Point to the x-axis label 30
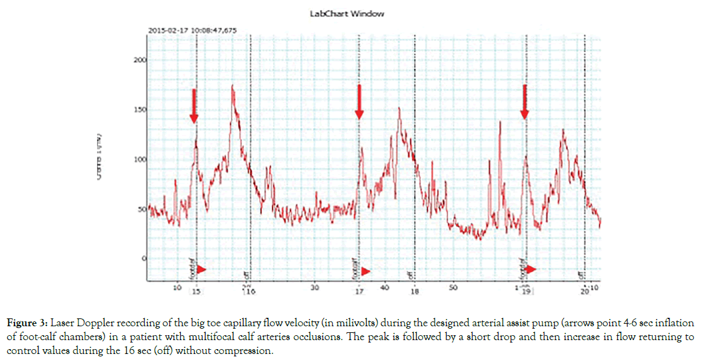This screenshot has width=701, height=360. (314, 288)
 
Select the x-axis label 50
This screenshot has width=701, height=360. (453, 288)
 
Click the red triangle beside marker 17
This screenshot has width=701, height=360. (365, 271)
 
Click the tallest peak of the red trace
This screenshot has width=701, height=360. (233, 86)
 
